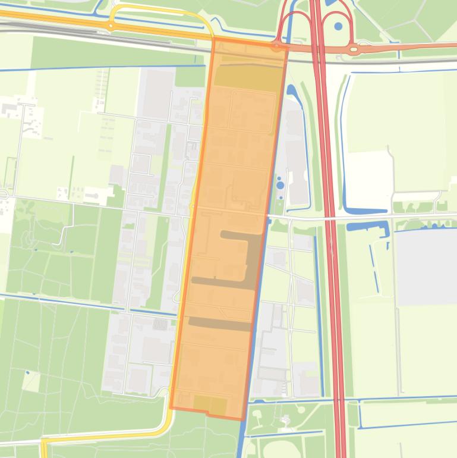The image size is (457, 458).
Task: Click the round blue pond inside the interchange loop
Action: click(x=338, y=26)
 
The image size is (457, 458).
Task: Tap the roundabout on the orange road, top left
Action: click(x=110, y=26)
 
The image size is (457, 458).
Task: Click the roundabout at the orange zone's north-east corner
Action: click(x=277, y=46)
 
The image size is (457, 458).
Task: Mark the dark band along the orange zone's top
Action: click(x=248, y=79)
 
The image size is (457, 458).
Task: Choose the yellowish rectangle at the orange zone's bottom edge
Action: click(x=210, y=405)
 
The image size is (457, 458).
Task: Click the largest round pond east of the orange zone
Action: click(x=279, y=185)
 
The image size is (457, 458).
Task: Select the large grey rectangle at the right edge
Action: click(x=426, y=267)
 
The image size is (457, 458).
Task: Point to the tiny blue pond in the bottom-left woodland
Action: click(x=27, y=373)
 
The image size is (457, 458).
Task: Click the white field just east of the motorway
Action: click(x=368, y=172)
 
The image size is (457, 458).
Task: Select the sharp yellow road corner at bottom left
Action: click(x=43, y=442)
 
